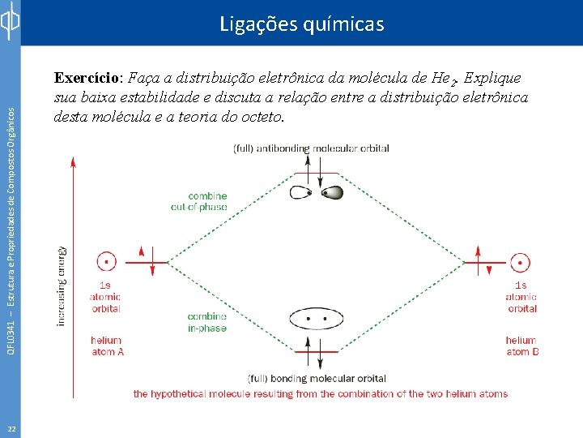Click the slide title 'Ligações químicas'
pos(301,24)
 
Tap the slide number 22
pos(10,428)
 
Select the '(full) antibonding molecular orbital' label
pos(311,148)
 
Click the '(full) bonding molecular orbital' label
pos(317,378)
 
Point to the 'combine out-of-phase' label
pos(207,201)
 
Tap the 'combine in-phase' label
pos(207,322)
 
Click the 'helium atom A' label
pos(106,346)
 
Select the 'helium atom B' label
pos(521,346)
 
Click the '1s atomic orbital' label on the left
pos(105,296)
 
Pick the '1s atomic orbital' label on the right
pos(521,296)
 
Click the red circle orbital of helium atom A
pos(106,262)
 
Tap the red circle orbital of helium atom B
pos(521,262)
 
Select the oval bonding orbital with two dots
pos(317,320)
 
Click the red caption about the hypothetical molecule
pos(321,394)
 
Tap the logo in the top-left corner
pos(10,22)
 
